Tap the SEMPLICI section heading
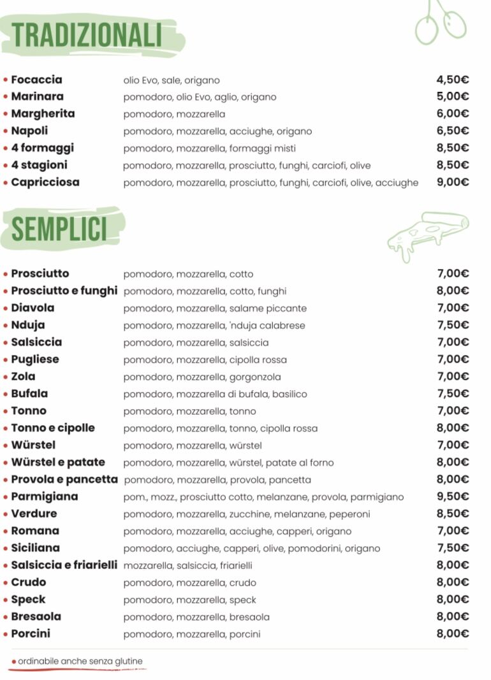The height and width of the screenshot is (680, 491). (59, 229)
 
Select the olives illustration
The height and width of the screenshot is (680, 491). (440, 22)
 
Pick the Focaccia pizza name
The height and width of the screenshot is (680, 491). (36, 80)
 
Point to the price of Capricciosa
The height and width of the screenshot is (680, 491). (453, 182)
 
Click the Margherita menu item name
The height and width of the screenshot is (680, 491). (43, 114)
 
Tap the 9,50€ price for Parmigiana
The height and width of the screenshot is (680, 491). (453, 496)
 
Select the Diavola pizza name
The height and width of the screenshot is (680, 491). (33, 308)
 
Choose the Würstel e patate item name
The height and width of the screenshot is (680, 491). (58, 462)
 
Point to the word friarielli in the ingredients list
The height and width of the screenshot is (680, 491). (236, 565)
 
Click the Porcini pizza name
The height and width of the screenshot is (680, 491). (31, 633)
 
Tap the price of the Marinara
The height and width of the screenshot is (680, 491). (453, 97)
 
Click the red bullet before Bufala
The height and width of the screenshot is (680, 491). (6, 394)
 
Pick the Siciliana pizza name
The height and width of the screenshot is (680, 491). (35, 548)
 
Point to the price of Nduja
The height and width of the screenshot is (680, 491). (453, 325)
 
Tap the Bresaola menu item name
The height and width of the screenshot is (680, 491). (36, 616)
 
